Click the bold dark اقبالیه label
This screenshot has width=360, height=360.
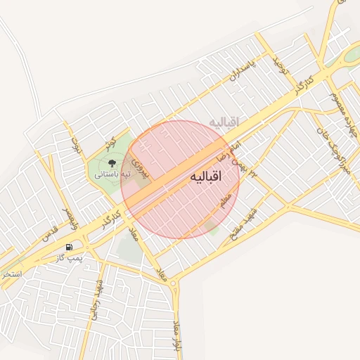point(205,178)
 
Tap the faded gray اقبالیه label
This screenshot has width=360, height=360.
point(224,122)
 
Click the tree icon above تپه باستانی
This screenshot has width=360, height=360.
point(112,163)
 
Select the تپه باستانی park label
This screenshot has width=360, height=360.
point(113,173)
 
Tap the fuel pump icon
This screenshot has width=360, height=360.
point(69,247)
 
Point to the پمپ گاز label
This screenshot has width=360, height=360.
point(70,258)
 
